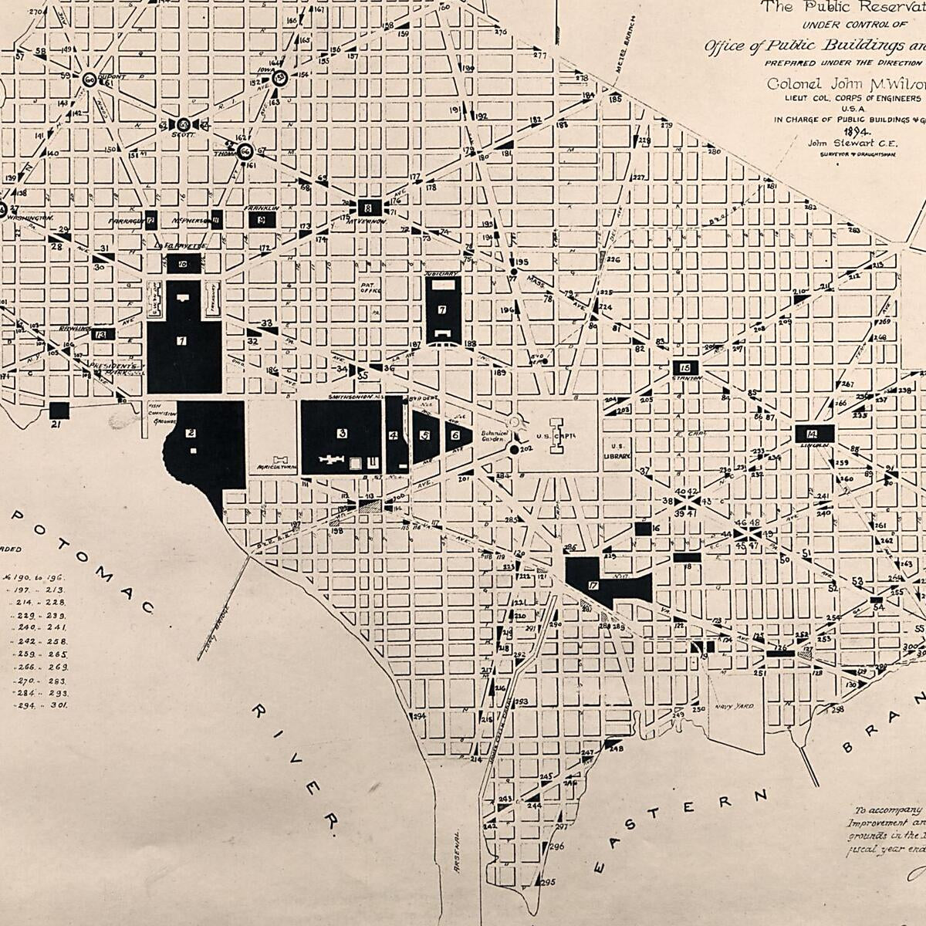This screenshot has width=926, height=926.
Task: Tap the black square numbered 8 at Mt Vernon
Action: pyautogui.click(x=368, y=207)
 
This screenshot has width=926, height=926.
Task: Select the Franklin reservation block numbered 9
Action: pyautogui.click(x=262, y=219)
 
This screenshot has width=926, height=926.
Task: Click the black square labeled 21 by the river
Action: pyautogui.click(x=59, y=411)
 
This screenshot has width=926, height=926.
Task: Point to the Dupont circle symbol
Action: pyautogui.click(x=89, y=79)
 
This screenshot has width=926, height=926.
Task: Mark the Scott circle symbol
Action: pyautogui.click(x=184, y=124)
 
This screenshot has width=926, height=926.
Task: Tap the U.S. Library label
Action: pyautogui.click(x=617, y=451)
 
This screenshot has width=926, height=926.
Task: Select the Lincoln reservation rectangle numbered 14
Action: pyautogui.click(x=815, y=434)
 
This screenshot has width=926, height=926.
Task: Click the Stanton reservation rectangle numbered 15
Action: pyautogui.click(x=685, y=367)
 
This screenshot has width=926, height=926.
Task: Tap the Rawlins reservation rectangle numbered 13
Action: pyautogui.click(x=102, y=334)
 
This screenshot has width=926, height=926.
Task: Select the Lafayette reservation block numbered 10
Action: pyautogui.click(x=184, y=264)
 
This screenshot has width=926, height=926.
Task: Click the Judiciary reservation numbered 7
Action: pyautogui.click(x=442, y=309)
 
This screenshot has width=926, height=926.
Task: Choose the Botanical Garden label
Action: pyautogui.click(x=493, y=436)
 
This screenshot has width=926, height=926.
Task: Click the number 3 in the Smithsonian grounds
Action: pyautogui.click(x=341, y=434)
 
